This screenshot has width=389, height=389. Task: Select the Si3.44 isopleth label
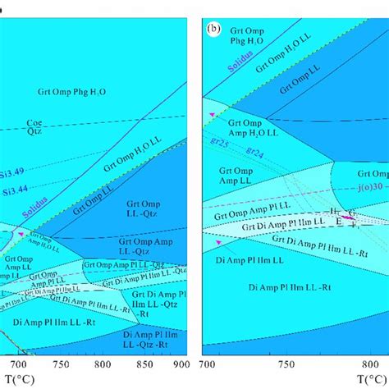15,190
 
